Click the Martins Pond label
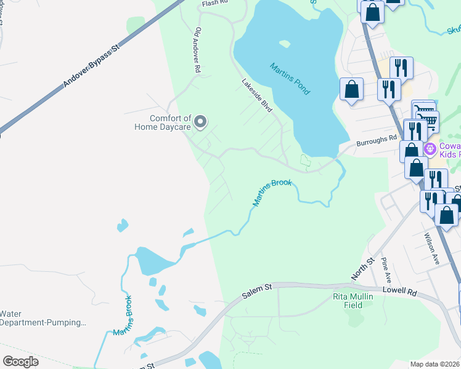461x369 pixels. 290,78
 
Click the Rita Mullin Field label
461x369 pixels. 353,300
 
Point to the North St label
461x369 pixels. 362,269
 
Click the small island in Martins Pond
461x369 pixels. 284,44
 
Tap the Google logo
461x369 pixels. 20,362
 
